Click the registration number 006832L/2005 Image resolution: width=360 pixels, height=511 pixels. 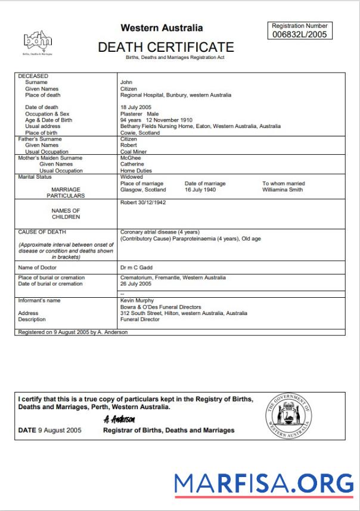pos(299,35)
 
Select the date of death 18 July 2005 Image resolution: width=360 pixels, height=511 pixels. pos(136,107)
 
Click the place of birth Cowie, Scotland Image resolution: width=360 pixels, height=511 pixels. pos(139,133)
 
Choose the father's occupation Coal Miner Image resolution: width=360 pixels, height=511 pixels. pos(134,152)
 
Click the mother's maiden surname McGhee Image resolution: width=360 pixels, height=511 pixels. pos(131,158)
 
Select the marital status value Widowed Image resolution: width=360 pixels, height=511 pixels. pos(131,177)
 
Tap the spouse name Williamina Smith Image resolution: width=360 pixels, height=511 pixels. pos(283,190)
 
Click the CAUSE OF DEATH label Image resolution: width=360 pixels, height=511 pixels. pos(42,232)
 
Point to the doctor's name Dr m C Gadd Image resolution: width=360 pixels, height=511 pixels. pos(136,268)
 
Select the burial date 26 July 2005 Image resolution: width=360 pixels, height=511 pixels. pos(136,284)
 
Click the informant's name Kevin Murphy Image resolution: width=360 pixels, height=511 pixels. pos(137,301)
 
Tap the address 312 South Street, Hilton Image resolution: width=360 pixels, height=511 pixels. pos(161,313)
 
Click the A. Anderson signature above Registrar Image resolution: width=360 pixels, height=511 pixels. pos(114,419)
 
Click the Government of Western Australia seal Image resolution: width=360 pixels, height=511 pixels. pos(288,416)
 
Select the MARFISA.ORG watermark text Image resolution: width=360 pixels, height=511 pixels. pos(263,483)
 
